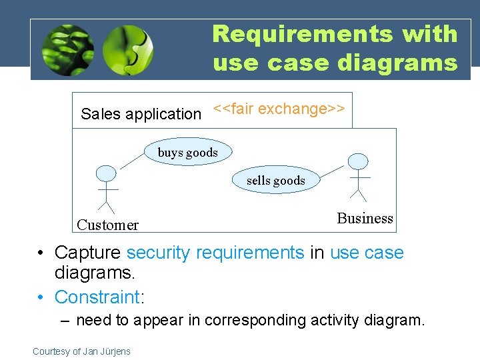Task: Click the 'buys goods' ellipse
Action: (x=187, y=153)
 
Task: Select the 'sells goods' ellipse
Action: (x=275, y=180)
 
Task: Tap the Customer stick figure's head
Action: (x=105, y=173)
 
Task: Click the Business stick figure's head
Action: (x=359, y=161)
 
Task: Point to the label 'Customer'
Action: (x=107, y=225)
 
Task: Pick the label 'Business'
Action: (x=365, y=218)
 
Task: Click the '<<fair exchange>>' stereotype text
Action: (x=278, y=109)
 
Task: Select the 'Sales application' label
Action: (x=140, y=114)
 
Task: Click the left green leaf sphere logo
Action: (x=67, y=50)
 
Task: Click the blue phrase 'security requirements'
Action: (x=215, y=253)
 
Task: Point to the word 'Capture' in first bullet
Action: (x=88, y=253)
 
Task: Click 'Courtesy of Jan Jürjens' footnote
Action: (x=81, y=351)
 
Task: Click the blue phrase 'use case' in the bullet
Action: (x=367, y=253)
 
